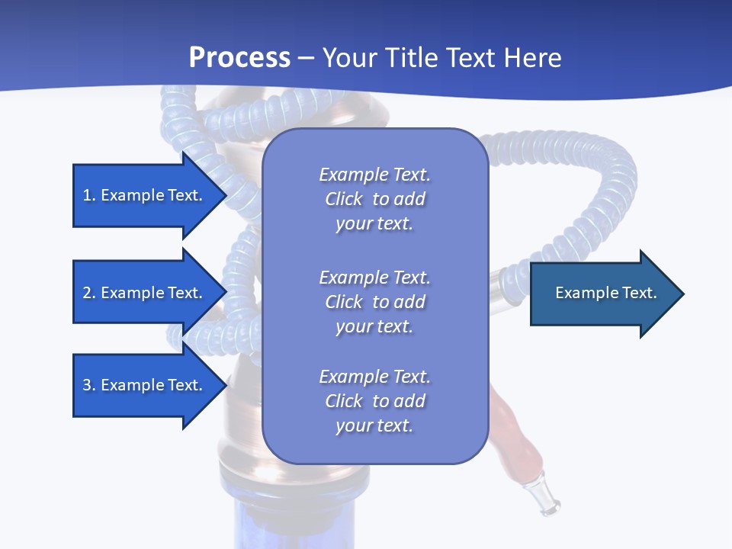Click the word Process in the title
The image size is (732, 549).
click(x=239, y=57)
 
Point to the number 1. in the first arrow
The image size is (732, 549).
click(x=89, y=195)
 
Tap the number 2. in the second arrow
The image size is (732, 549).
click(x=89, y=293)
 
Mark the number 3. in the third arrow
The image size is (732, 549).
click(x=89, y=385)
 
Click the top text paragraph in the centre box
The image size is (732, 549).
click(x=374, y=199)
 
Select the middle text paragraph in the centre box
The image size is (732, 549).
click(x=374, y=301)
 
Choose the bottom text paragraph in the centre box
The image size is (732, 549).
click(x=374, y=401)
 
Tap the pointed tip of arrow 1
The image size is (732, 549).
click(x=226, y=195)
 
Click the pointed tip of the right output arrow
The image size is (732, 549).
click(x=682, y=293)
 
